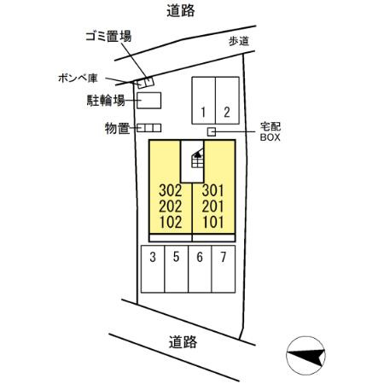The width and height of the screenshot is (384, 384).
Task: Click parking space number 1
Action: [203, 101]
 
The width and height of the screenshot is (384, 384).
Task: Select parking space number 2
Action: [227, 101]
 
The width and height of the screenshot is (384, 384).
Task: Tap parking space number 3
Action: [153, 269]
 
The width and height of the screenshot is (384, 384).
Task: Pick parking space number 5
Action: [177, 269]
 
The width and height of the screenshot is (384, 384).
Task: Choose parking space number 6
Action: [200, 269]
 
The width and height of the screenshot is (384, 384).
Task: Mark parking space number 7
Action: [224, 269]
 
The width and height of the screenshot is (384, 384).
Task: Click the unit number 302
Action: [171, 190]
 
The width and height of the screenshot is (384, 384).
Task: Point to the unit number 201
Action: [213, 207]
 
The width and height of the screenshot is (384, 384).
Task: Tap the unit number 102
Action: [171, 222]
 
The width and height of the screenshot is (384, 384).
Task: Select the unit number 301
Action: [213, 190]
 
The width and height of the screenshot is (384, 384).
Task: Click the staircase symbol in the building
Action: [198, 159]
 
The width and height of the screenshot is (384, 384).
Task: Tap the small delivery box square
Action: [212, 132]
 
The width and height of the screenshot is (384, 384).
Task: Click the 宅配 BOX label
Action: [271, 131]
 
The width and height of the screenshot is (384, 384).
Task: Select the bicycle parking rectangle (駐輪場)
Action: [149, 101]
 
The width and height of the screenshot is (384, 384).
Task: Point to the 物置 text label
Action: [118, 128]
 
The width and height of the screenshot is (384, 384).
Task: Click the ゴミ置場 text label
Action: [108, 37]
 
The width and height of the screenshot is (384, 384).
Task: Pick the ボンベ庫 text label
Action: [78, 79]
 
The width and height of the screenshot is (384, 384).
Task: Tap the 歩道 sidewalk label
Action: [239, 41]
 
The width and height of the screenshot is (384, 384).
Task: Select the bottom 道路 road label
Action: [183, 342]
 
